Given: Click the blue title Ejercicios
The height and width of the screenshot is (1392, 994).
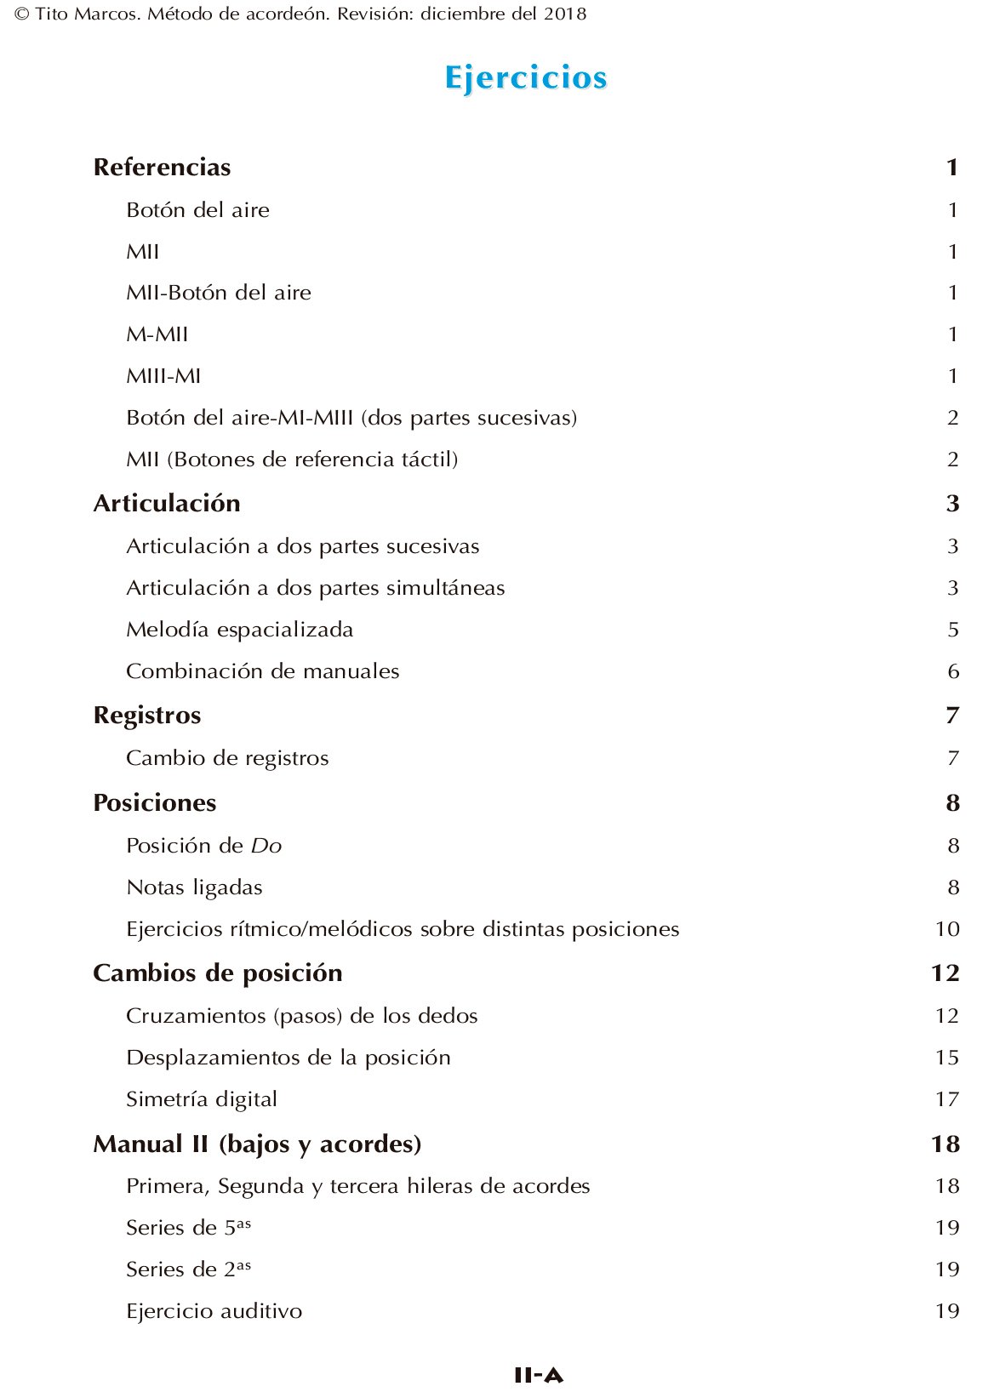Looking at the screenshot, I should click(525, 77).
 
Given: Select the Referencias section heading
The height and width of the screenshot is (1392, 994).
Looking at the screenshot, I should click(162, 167).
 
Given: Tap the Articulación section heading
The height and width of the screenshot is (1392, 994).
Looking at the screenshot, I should click(167, 503).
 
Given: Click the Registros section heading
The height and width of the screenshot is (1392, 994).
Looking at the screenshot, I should click(147, 715).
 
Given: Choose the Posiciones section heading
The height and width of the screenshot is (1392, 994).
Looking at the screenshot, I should click(155, 802).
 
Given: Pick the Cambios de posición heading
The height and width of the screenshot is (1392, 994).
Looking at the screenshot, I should click(218, 973).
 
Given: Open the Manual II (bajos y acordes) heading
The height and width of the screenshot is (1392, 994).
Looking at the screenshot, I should click(257, 1144).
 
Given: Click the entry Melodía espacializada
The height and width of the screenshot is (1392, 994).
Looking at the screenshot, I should click(239, 630).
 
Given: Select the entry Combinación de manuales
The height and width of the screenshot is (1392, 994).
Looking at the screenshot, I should click(262, 671).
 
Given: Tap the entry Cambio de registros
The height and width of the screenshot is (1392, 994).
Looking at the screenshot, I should click(227, 758).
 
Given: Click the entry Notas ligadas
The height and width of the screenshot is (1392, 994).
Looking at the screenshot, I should click(194, 887).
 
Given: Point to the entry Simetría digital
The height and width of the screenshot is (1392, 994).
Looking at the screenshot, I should click(202, 1099).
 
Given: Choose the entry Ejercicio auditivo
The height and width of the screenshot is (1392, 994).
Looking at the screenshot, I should click(214, 1311).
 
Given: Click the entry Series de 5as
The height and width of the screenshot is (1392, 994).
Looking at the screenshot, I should click(188, 1228).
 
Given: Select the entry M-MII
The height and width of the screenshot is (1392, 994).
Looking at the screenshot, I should click(157, 334).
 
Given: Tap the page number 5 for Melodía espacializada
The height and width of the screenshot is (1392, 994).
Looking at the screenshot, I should click(953, 630).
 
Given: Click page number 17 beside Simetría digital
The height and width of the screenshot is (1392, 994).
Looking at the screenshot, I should click(947, 1099).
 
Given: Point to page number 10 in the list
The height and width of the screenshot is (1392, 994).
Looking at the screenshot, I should click(947, 929).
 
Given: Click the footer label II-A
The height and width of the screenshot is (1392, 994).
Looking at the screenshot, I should click(539, 1375).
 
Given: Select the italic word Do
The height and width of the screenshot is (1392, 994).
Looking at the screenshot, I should click(266, 846).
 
